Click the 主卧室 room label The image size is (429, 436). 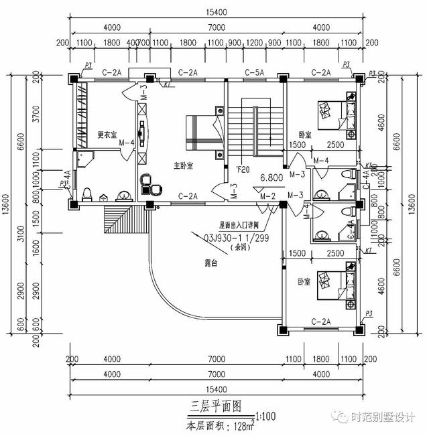(x=184, y=165)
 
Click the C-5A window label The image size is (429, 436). (x=253, y=72)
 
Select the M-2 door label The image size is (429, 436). (x=267, y=196)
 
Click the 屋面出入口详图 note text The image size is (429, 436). (x=239, y=226)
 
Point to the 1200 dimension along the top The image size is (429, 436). (x=255, y=43)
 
